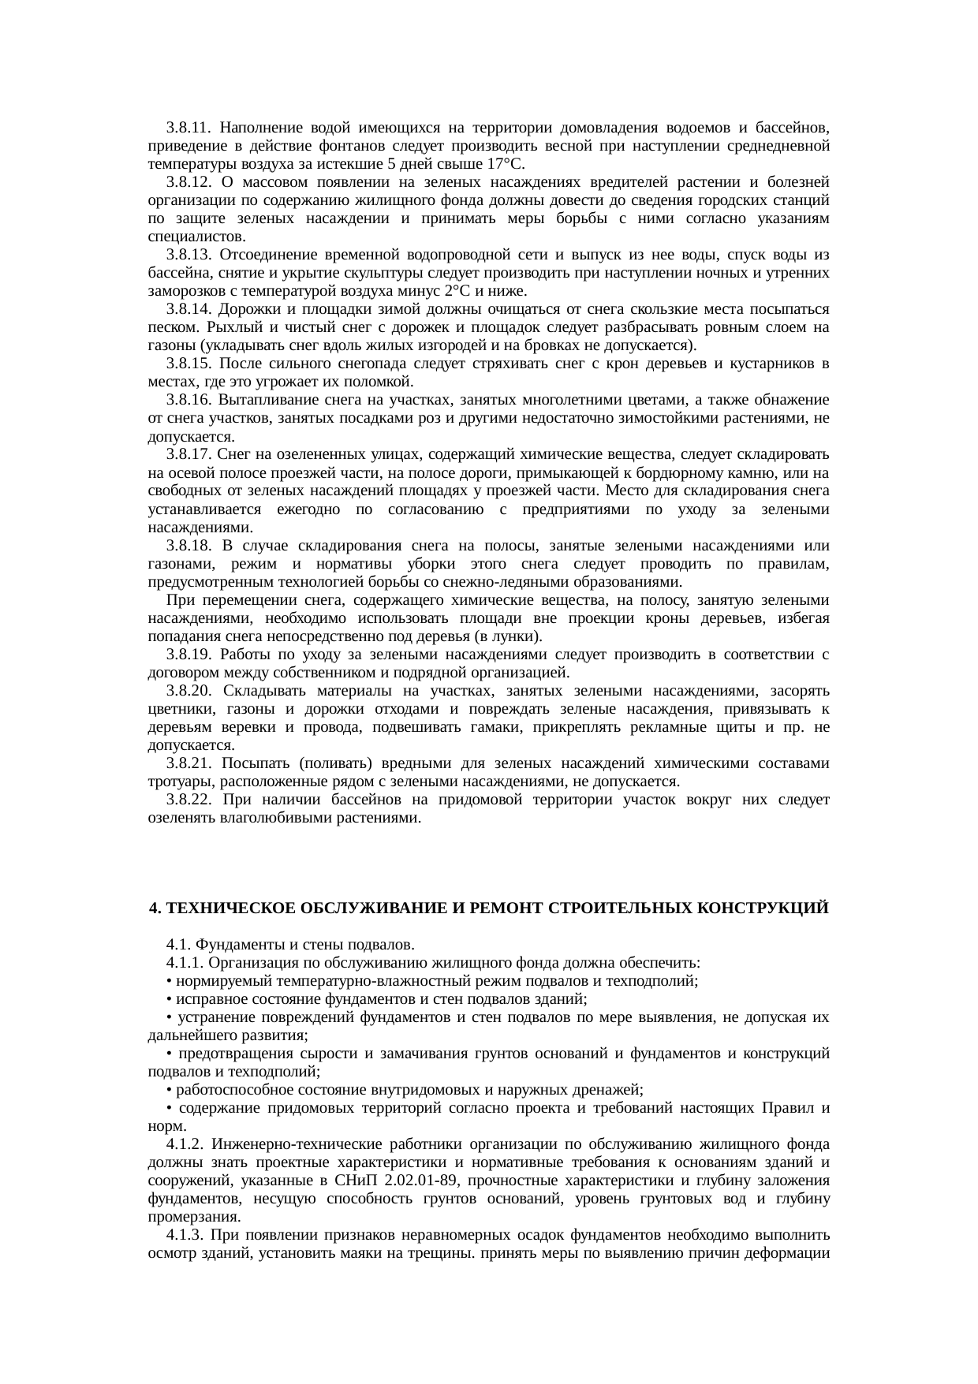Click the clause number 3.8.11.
pos(188,127)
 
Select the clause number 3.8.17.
pos(188,455)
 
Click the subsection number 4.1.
pos(177,945)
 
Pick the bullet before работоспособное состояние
pos(170,1091)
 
